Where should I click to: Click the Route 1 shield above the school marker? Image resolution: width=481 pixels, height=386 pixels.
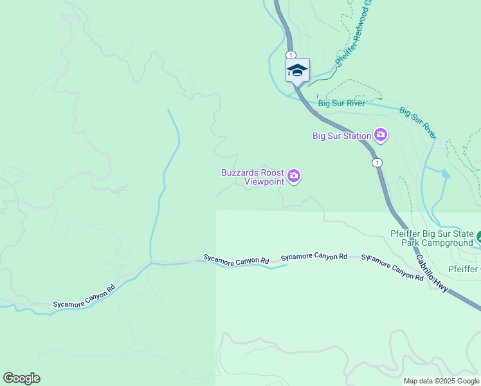point(291,55)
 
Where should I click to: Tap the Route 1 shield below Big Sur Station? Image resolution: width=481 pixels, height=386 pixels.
point(377,163)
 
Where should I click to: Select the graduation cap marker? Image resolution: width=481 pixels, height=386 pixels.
point(297,70)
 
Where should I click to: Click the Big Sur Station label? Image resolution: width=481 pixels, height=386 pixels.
point(341,136)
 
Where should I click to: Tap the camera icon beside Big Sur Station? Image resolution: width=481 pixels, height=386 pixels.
point(381,135)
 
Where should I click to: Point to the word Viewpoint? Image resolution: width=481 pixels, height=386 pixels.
point(264,181)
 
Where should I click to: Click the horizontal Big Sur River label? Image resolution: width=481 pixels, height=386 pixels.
point(341,103)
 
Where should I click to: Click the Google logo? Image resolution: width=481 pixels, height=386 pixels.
point(21,378)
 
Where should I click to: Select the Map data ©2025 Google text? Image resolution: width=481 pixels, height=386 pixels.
point(441,381)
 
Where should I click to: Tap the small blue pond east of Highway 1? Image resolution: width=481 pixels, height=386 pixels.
point(444,174)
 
